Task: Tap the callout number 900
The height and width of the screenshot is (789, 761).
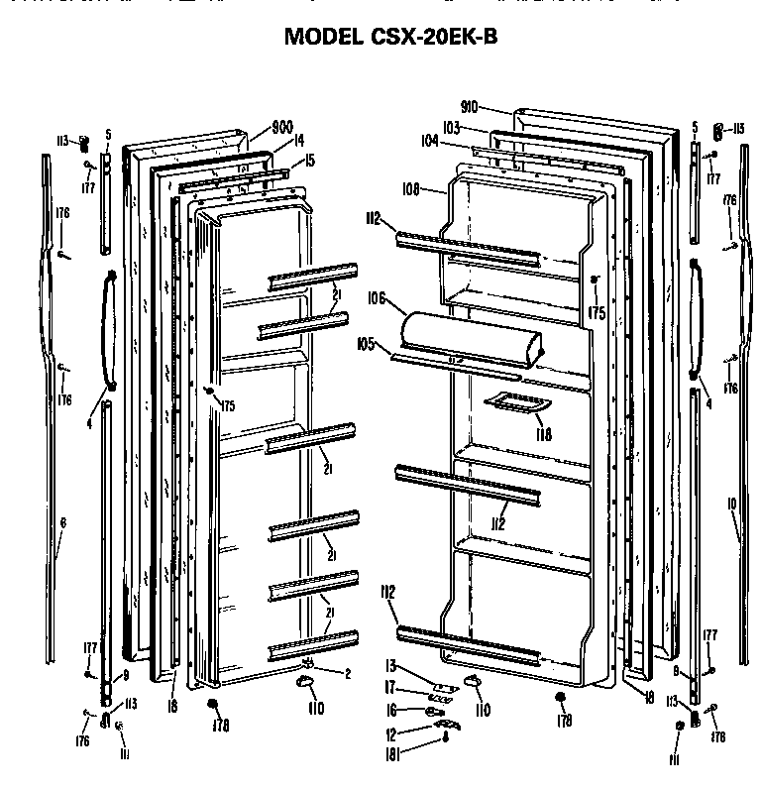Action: [x=282, y=127]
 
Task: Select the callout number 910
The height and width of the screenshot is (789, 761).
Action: [x=470, y=106]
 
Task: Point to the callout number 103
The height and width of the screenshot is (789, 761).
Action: [x=452, y=127]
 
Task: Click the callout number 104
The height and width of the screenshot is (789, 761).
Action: [x=429, y=142]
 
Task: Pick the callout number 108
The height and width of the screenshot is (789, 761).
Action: [x=411, y=188]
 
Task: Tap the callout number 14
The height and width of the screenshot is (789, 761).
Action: [x=297, y=142]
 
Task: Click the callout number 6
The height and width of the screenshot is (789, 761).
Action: [x=61, y=521]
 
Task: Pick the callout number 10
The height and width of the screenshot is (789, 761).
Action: [x=731, y=504]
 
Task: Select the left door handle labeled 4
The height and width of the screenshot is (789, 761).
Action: [x=109, y=327]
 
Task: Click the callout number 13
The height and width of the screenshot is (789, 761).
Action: [x=389, y=665]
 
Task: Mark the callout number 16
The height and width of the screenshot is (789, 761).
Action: [x=390, y=710]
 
